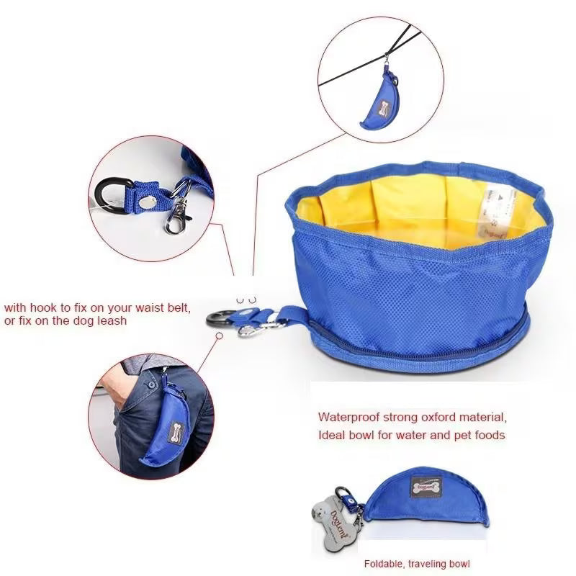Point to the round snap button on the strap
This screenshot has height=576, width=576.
click(146, 202)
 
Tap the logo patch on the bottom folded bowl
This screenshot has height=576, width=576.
click(426, 487)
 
